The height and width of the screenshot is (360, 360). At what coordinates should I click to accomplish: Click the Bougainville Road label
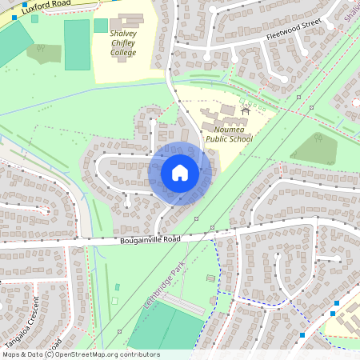point(151,239)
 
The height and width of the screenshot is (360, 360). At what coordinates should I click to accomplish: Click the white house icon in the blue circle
point(180,173)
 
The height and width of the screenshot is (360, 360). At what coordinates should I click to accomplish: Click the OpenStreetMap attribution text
point(81,354)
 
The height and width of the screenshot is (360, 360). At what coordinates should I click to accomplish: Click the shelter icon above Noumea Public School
point(245,110)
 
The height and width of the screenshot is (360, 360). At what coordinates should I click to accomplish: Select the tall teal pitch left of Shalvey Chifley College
point(77,45)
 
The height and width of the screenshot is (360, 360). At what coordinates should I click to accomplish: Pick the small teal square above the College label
point(101,26)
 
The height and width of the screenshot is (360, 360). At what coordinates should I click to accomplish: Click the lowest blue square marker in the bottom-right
point(303,334)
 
